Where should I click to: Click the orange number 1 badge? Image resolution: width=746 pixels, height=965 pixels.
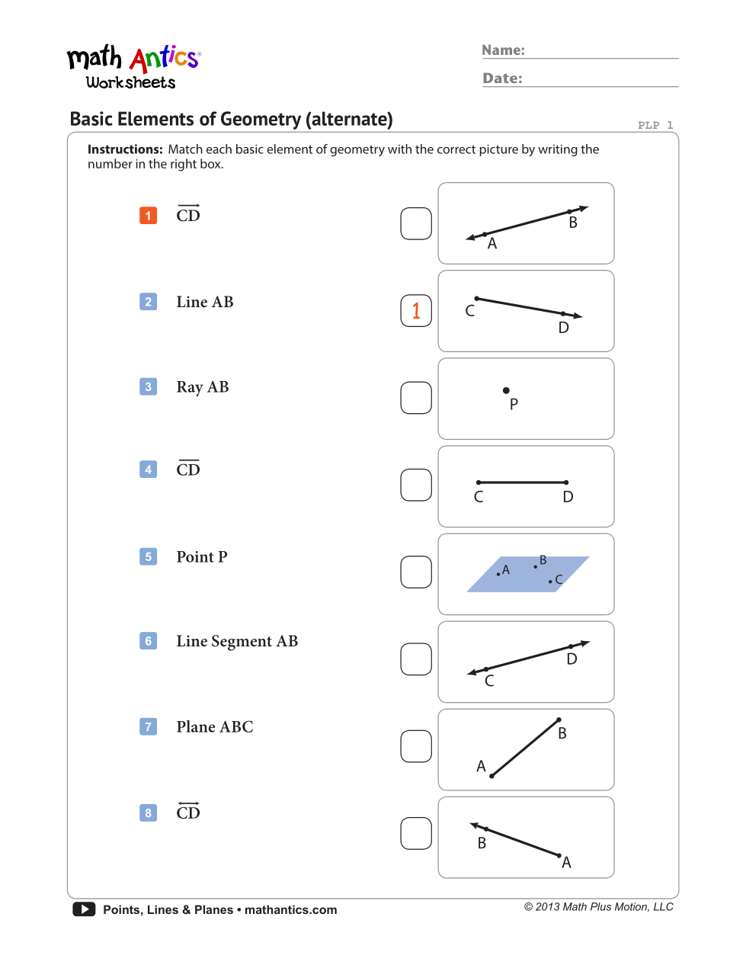pyautogui.click(x=149, y=216)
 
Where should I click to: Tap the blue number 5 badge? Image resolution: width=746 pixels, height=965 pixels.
pyautogui.click(x=149, y=557)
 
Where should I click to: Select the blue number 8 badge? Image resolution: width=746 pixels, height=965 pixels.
pyautogui.click(x=149, y=813)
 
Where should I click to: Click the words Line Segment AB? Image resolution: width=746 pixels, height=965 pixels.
pyautogui.click(x=237, y=642)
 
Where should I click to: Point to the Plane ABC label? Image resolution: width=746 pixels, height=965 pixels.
pyautogui.click(x=215, y=727)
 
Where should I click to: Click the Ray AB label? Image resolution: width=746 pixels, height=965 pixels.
pyautogui.click(x=203, y=387)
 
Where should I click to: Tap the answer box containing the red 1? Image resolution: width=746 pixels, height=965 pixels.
pyautogui.click(x=416, y=311)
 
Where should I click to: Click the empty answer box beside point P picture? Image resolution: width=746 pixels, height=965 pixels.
pyautogui.click(x=416, y=398)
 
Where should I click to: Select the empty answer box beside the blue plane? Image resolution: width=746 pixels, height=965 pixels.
pyautogui.click(x=416, y=572)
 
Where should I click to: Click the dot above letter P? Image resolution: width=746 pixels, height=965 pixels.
pyautogui.click(x=506, y=390)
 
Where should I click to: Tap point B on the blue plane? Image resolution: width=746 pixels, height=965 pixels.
pyautogui.click(x=536, y=567)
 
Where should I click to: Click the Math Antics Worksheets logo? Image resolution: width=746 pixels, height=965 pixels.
pyautogui.click(x=133, y=67)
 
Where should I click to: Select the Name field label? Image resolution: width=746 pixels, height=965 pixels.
pyautogui.click(x=503, y=50)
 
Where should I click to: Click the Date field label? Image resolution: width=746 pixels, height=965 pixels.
pyautogui.click(x=502, y=79)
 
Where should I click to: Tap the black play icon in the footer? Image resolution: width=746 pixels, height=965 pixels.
pyautogui.click(x=84, y=909)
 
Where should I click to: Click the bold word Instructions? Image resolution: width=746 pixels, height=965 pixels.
pyautogui.click(x=125, y=149)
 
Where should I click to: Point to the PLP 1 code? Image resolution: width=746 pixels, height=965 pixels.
pyautogui.click(x=655, y=125)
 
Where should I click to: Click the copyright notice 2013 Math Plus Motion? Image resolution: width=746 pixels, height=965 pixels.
pyautogui.click(x=598, y=907)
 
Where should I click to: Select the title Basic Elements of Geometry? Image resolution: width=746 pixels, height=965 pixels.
pyautogui.click(x=231, y=120)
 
